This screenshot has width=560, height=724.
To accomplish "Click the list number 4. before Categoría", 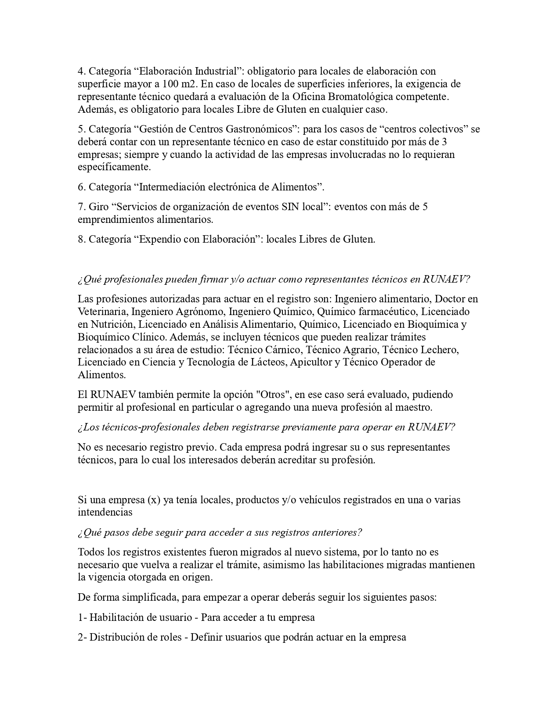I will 82,71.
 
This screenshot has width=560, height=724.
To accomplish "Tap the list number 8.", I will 82,240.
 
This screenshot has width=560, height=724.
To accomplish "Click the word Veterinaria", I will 102,312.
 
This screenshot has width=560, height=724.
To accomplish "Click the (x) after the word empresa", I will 153,500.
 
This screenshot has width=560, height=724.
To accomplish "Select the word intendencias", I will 105,512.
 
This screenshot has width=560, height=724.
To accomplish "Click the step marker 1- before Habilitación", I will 82,618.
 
